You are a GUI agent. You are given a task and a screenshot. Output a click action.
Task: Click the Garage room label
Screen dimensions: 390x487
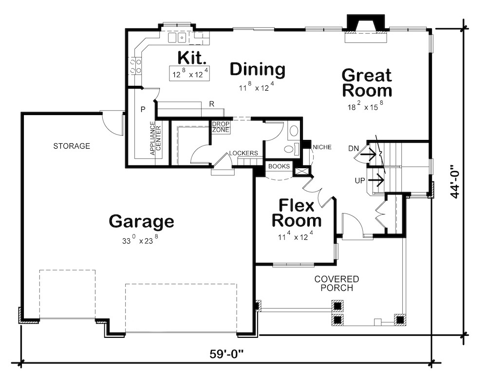(x=141, y=221)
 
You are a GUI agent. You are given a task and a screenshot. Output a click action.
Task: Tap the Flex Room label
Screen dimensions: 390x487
(x=296, y=213)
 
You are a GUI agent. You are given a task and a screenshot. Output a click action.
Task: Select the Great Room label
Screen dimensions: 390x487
(x=366, y=83)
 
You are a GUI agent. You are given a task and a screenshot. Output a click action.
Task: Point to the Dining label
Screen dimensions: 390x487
(x=257, y=69)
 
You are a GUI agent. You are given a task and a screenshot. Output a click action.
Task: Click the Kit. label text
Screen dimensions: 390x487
(x=192, y=57)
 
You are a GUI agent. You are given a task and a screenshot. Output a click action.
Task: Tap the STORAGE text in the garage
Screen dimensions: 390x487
(x=72, y=146)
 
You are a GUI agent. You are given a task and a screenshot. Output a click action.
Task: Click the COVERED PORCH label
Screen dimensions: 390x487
(x=337, y=283)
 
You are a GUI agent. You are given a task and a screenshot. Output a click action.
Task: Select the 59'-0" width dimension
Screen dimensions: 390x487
(x=225, y=352)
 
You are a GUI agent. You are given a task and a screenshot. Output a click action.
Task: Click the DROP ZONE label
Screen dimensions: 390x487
(x=221, y=127)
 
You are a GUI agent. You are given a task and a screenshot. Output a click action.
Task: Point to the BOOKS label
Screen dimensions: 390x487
(x=279, y=166)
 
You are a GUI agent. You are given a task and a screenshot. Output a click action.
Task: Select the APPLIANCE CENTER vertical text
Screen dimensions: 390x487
(x=155, y=139)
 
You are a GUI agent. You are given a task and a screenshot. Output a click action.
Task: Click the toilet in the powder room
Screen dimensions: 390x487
(x=291, y=149)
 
